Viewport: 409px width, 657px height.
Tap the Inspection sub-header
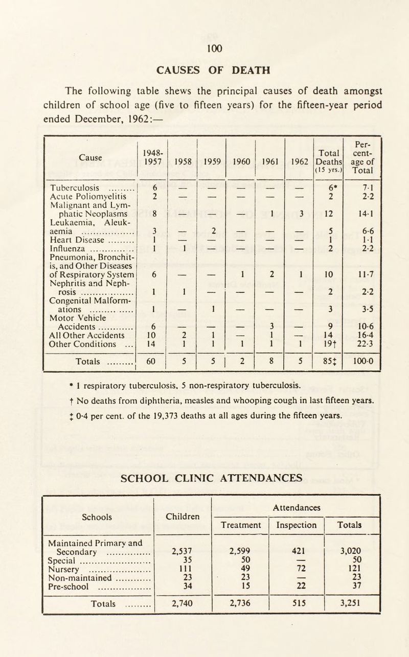[x=297, y=525]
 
